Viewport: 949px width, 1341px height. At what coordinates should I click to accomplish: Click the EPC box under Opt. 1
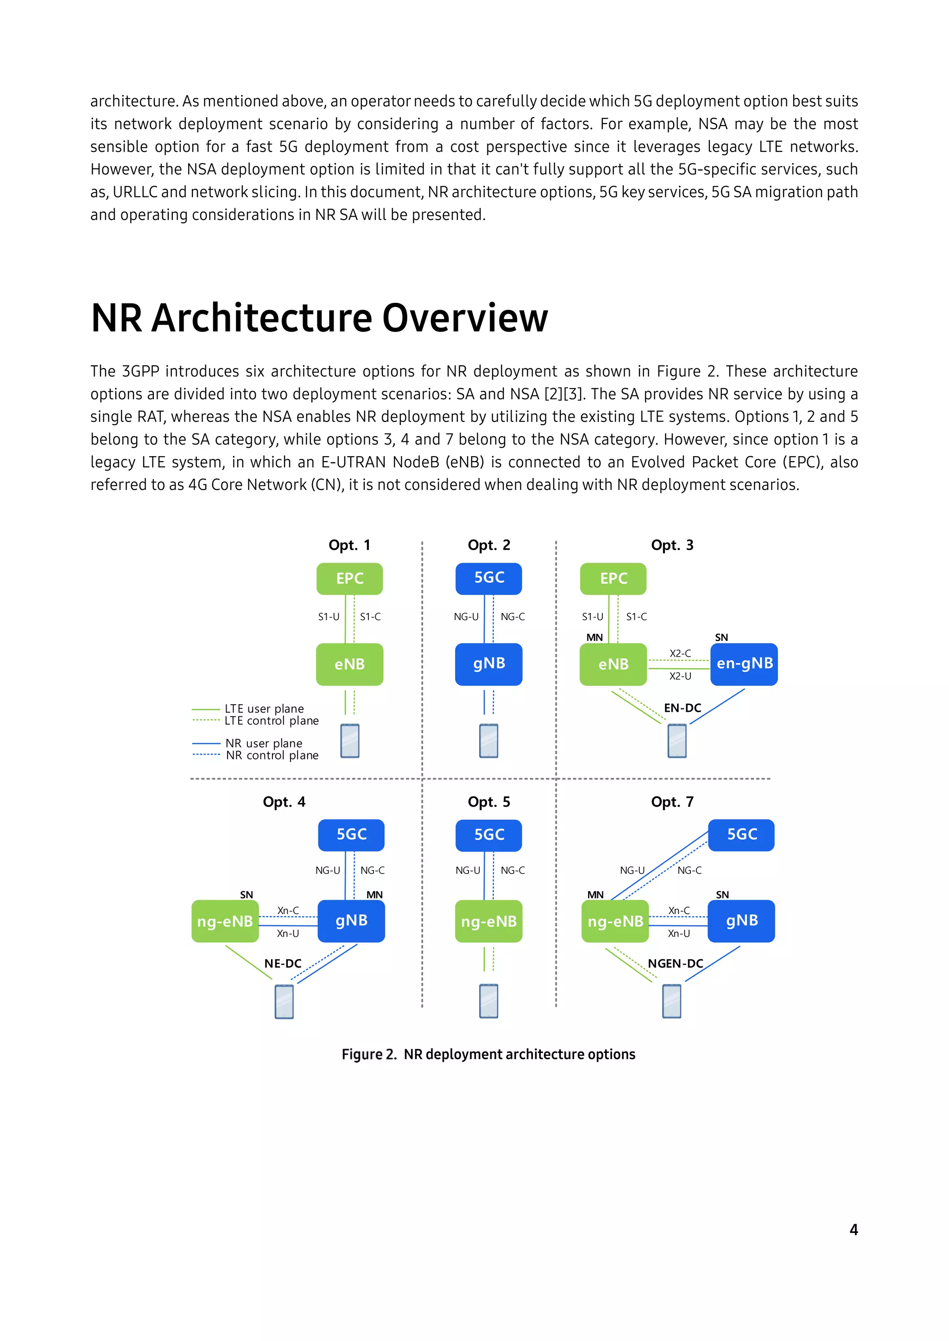[x=349, y=578]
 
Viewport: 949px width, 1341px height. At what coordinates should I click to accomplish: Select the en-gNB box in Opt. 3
[x=744, y=664]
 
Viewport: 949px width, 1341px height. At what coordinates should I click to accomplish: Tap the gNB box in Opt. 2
[x=488, y=664]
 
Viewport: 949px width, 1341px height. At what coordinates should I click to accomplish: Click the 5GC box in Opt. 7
[x=741, y=834]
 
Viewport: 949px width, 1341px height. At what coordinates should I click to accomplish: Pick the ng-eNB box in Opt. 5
[x=488, y=921]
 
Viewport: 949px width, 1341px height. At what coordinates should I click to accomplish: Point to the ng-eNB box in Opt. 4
[x=225, y=921]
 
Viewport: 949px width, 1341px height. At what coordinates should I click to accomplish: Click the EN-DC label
[x=682, y=708]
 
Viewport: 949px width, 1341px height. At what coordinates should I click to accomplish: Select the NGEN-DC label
[x=675, y=964]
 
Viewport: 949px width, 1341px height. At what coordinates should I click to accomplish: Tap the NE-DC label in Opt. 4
[x=283, y=964]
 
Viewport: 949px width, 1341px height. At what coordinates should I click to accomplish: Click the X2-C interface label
[x=680, y=653]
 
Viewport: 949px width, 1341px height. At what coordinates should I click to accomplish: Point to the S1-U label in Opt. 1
[x=329, y=617]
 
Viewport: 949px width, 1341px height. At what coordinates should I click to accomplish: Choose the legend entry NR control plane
[x=272, y=756]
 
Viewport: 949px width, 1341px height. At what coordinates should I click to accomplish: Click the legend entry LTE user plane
[x=264, y=708]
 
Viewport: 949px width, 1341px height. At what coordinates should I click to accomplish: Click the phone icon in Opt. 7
[x=671, y=1001]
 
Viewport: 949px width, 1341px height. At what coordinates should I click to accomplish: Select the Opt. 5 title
[x=488, y=802]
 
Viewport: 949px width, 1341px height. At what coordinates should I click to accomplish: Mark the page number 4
[x=853, y=1229]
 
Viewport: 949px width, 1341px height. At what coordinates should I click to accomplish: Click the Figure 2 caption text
[x=488, y=1054]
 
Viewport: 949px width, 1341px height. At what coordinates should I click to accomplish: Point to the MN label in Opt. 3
[x=595, y=637]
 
